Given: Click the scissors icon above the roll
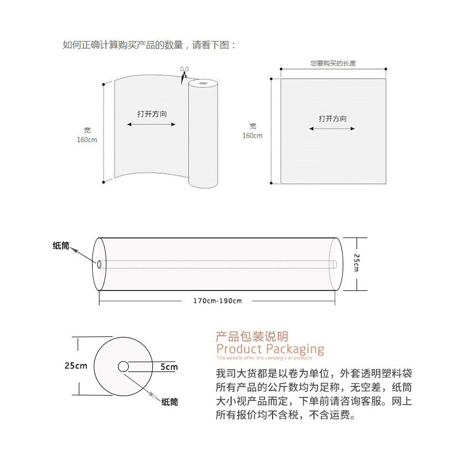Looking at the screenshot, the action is pos(184,74).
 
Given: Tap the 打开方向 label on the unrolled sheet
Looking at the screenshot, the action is pos(152,114).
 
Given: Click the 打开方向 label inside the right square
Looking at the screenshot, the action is pos(333,119).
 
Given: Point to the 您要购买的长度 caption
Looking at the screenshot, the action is pos(333,63).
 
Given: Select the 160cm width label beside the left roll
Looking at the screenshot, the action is pos(87,140).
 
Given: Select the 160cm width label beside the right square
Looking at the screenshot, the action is pos(252,136).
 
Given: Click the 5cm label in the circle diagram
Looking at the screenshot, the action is pos(169,367).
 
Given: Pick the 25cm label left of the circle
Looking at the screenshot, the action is pos(76,366).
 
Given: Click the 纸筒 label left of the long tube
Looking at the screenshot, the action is pos(61,246).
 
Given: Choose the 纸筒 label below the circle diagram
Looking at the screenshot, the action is pos(170,402).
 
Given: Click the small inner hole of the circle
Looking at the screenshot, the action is pos(123,366).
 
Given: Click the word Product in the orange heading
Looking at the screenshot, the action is pos(239,349).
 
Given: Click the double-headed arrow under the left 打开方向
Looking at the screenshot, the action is pos(152,124).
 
